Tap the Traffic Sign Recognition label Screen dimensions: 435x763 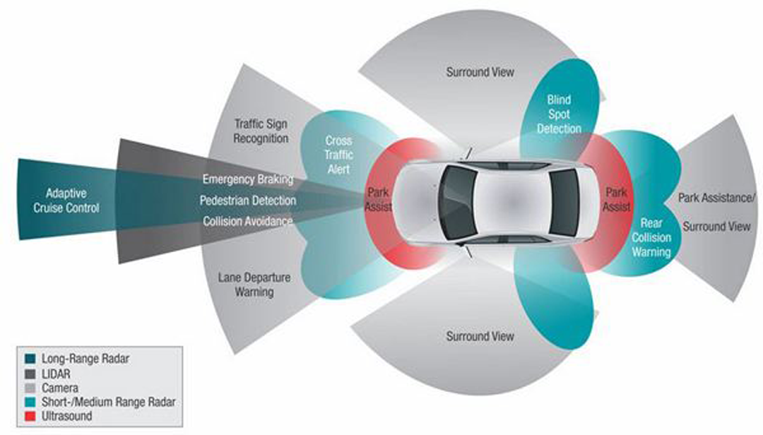coord(261,131)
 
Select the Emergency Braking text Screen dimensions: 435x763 coord(247,179)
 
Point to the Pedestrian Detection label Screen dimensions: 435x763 coord(247,201)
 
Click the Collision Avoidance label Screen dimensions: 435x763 coord(247,221)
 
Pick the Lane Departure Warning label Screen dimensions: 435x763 coord(254,284)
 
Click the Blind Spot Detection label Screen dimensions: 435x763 coord(559,114)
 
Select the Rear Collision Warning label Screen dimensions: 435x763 coord(651,237)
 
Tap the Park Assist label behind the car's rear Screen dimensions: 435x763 coord(616,200)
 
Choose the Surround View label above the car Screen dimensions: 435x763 coord(480,72)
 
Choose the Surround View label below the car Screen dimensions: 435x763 coord(480,336)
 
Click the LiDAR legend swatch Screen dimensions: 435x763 coord(30,373)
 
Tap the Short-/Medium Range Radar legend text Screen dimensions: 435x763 coord(107,403)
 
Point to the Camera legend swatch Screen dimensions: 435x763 coord(30,388)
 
